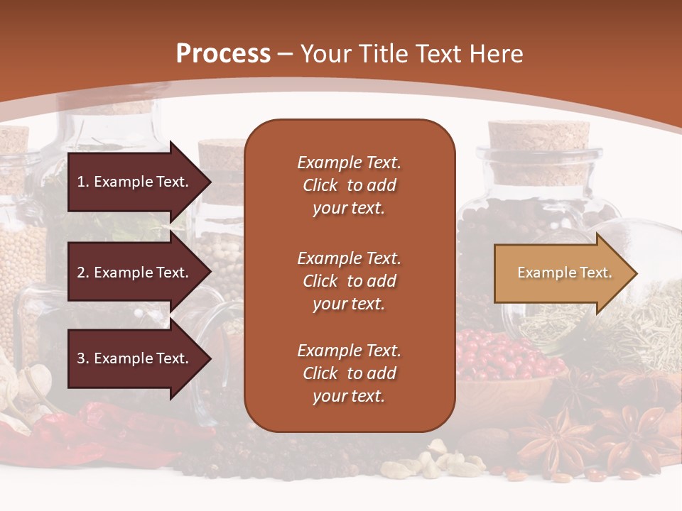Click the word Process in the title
tap(223, 54)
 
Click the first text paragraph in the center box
tap(349, 185)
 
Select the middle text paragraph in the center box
tap(349, 281)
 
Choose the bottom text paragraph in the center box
tap(349, 373)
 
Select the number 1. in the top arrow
tap(83, 182)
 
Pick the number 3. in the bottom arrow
tap(83, 359)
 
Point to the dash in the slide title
tap(286, 54)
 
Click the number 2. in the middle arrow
tap(83, 273)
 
